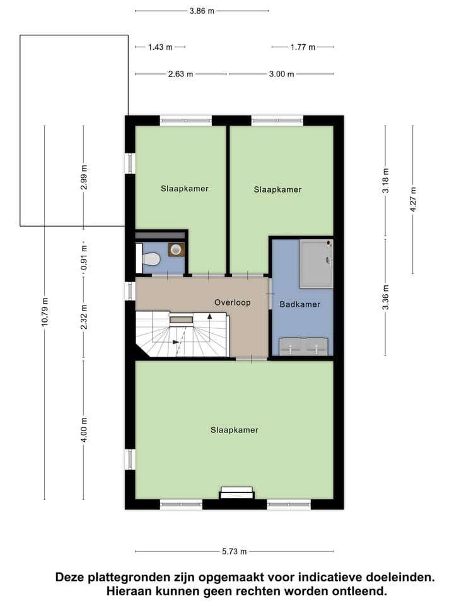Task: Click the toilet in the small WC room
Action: coord(149,258)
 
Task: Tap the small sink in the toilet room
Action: coord(176,250)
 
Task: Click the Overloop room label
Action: coord(232,302)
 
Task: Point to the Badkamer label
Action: coord(300,304)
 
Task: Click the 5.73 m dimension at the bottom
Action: coord(234,551)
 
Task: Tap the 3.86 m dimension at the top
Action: coord(201,11)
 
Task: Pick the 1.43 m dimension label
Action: coord(160,47)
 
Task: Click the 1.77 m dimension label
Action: coord(303,47)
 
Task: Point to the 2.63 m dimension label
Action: coord(180,74)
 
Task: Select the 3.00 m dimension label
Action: coord(281,74)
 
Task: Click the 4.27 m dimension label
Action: coord(413,199)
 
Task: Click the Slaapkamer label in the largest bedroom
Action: coord(235,430)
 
